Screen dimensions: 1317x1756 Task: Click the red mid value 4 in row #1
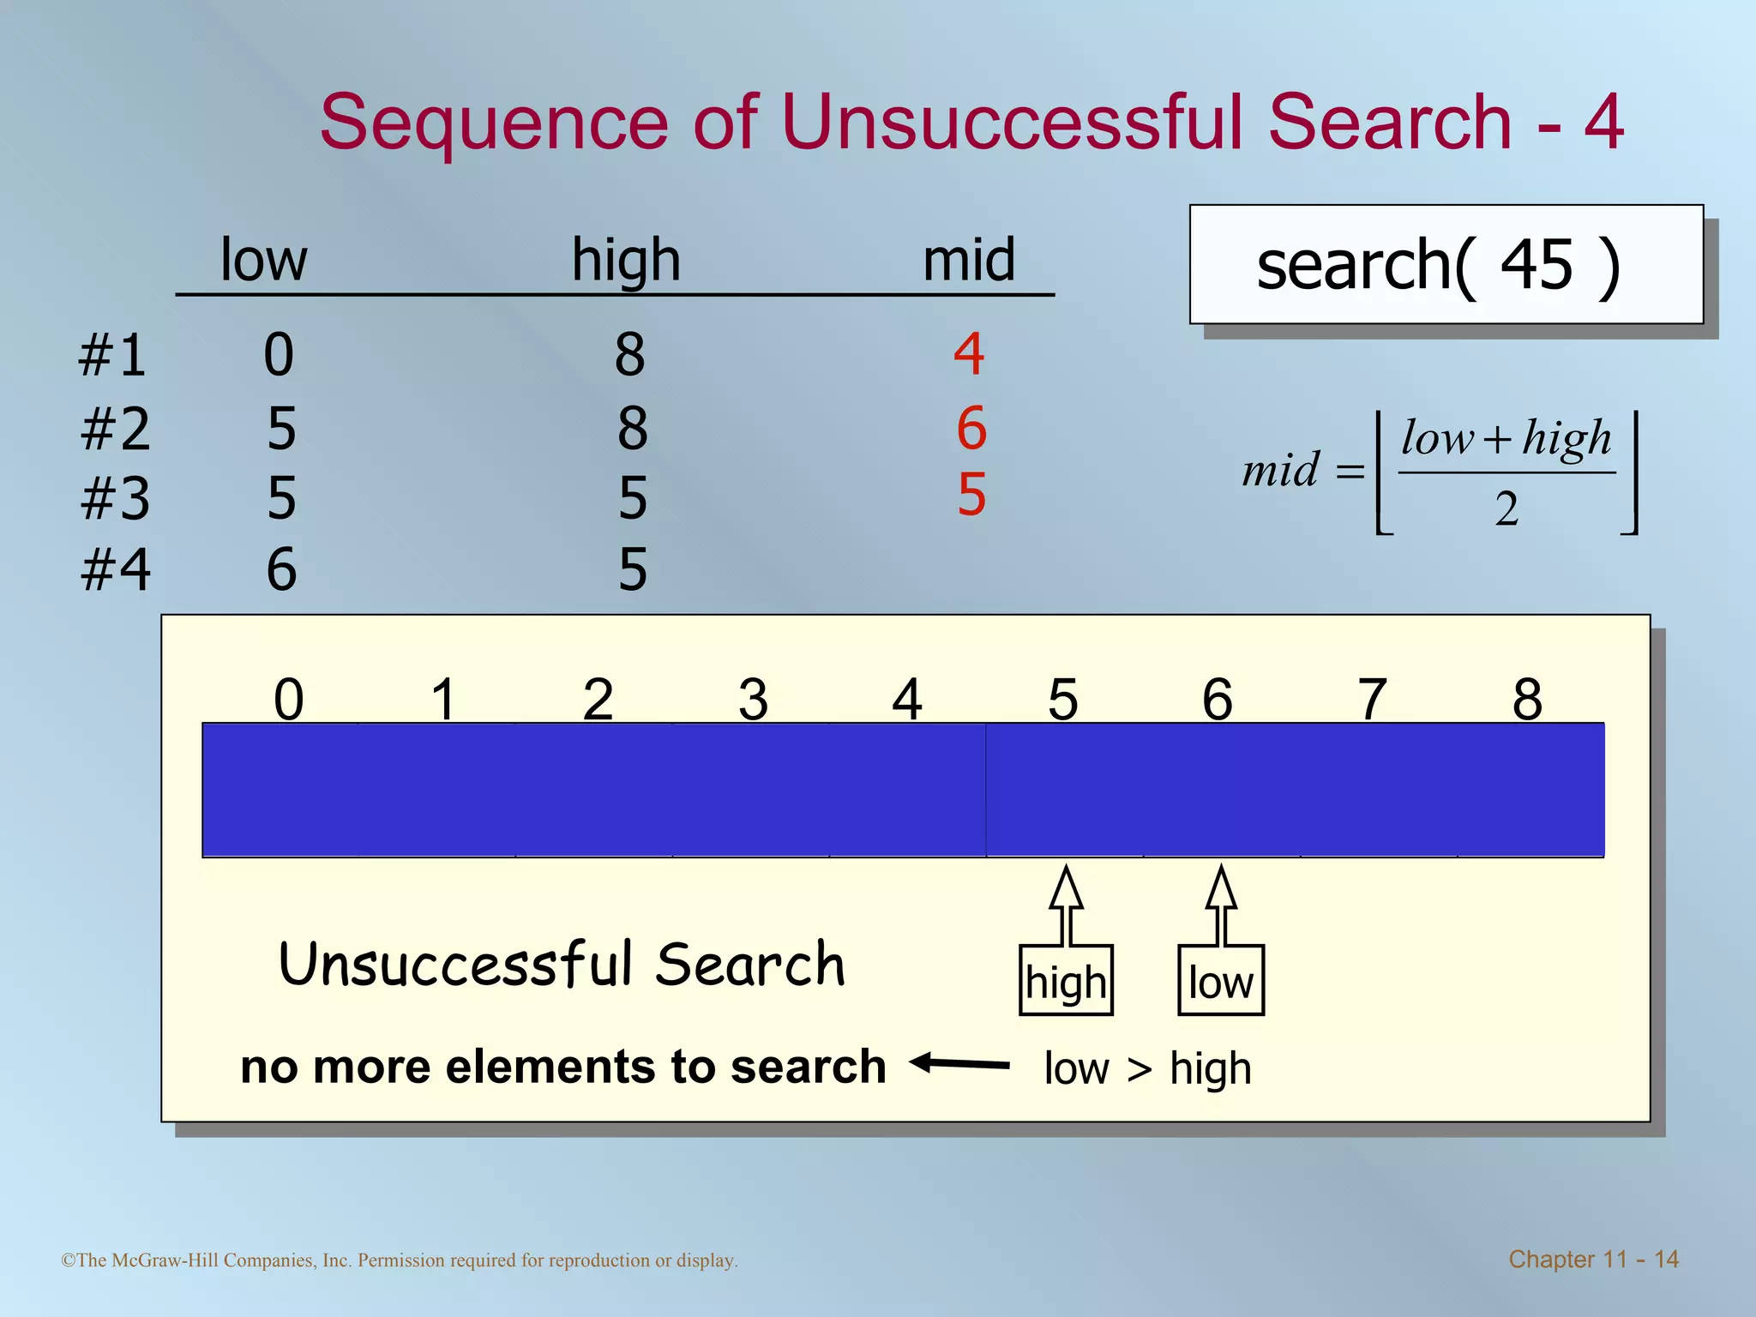(969, 353)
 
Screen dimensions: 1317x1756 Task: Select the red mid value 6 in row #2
(971, 428)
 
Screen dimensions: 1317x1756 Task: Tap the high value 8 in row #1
(629, 355)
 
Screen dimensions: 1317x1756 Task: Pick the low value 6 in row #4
(281, 569)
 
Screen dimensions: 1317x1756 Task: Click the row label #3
(115, 499)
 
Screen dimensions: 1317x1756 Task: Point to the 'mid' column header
(969, 260)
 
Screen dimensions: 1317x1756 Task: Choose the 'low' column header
(263, 260)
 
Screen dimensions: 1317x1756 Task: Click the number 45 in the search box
(1536, 265)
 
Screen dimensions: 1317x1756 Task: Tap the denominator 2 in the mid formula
(1506, 509)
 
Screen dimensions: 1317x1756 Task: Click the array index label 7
(1372, 700)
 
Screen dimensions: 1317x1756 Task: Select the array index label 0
(288, 700)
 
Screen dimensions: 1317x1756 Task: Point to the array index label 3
(753, 700)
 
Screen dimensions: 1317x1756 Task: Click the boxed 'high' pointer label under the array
(1066, 982)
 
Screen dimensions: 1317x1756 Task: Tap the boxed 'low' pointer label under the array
(1221, 982)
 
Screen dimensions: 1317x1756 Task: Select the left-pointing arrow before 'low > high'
(959, 1065)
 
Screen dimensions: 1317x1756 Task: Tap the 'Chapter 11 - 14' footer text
(1593, 1259)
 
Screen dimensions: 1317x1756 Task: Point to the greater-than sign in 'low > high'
(1140, 1069)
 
